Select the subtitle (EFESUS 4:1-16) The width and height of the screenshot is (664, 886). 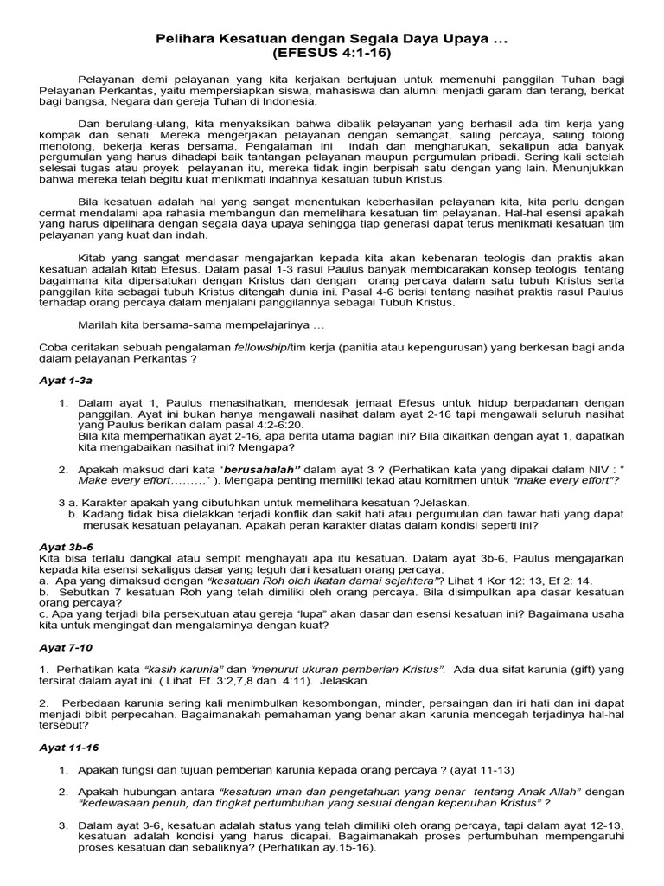(332, 52)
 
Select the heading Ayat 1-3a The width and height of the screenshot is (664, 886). (67, 380)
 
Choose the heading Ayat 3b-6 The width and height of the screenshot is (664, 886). (68, 547)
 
